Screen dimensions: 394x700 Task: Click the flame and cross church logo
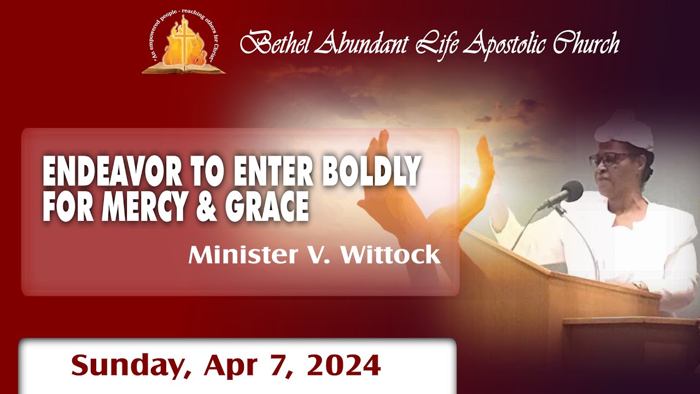[x=183, y=44]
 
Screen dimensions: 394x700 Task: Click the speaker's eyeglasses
[x=611, y=160]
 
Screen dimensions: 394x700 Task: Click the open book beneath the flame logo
[x=183, y=68]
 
